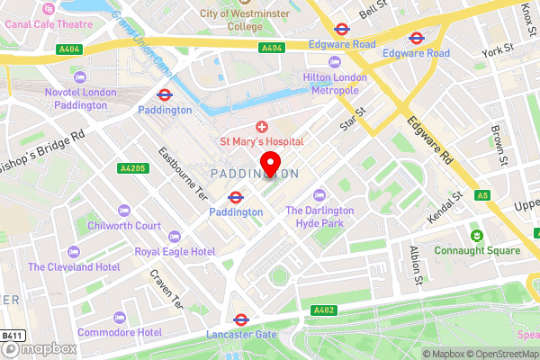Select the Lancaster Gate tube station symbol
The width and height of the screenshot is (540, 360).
point(240,319)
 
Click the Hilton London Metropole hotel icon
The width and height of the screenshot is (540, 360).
point(335,61)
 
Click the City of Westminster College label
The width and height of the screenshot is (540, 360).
point(245,20)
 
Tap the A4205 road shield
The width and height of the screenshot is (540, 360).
point(131,168)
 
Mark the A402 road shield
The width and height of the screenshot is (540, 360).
point(325,310)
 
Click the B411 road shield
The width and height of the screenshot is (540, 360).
point(12,335)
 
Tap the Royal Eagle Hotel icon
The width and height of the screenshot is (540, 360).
point(175,237)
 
